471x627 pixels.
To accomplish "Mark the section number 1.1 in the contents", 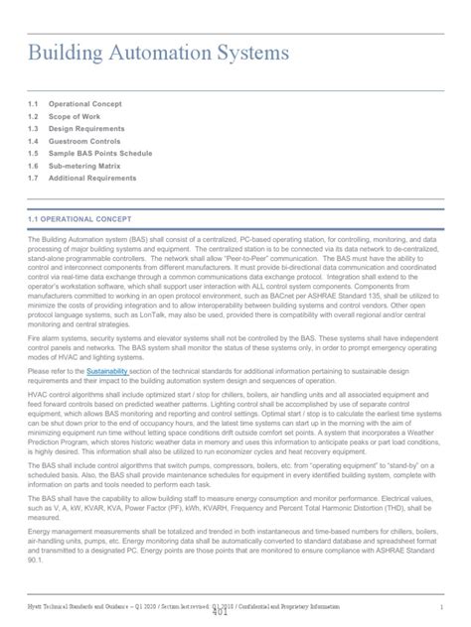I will [x=34, y=102].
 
